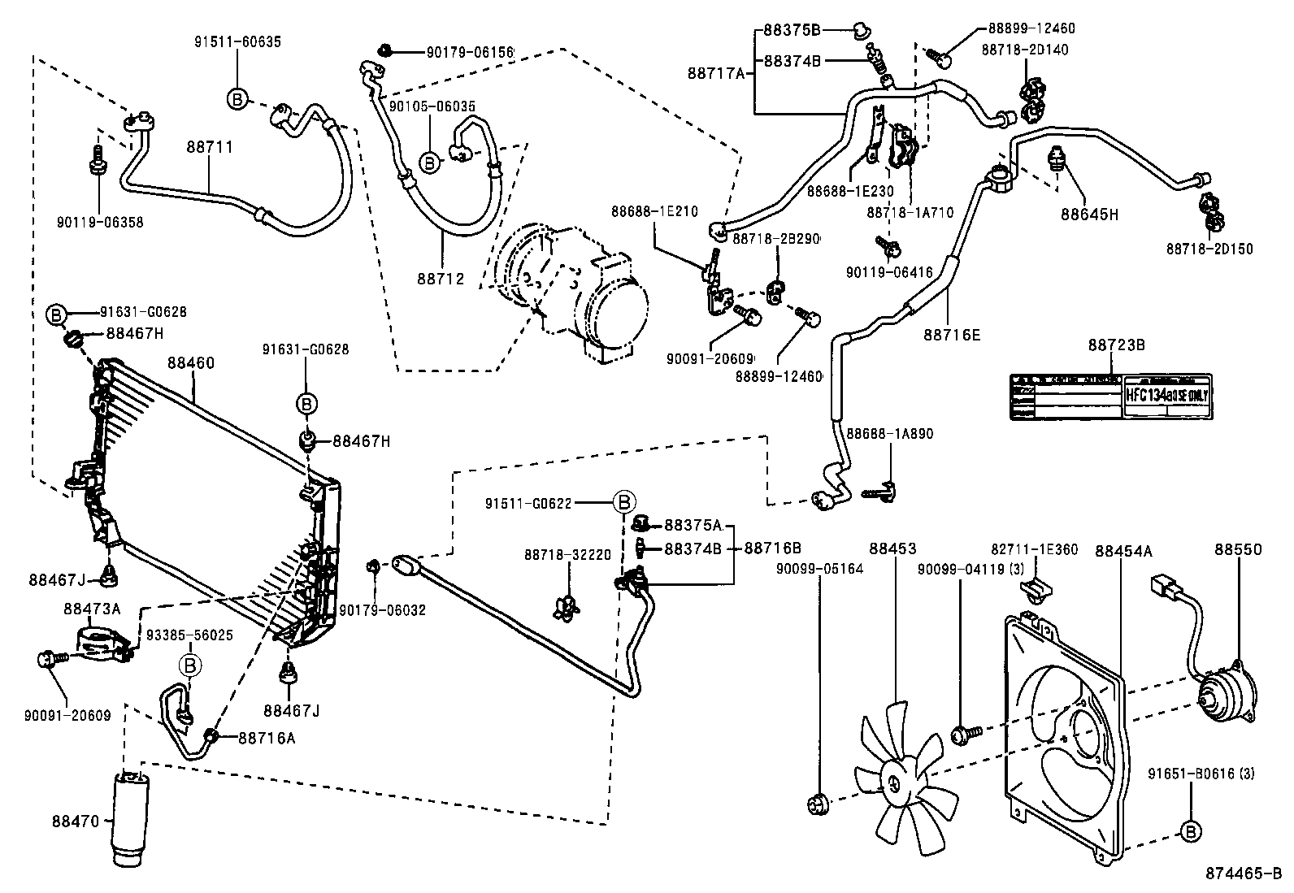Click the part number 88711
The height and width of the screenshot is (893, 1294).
[210, 147]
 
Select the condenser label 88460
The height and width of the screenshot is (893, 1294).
[191, 362]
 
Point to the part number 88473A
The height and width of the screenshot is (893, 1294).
[92, 608]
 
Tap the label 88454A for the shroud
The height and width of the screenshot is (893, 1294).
[1123, 551]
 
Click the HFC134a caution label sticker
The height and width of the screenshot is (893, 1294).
[1110, 397]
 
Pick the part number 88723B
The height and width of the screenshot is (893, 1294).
[1117, 345]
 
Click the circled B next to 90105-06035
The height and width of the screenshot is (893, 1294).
[430, 163]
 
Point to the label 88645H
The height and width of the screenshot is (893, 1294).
[1089, 215]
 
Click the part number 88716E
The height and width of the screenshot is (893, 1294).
[952, 333]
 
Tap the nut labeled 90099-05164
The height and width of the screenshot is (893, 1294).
[819, 805]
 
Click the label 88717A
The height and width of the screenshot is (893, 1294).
[717, 73]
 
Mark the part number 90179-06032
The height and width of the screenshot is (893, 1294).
[382, 610]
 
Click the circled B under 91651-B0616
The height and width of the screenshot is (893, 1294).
[1191, 830]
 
